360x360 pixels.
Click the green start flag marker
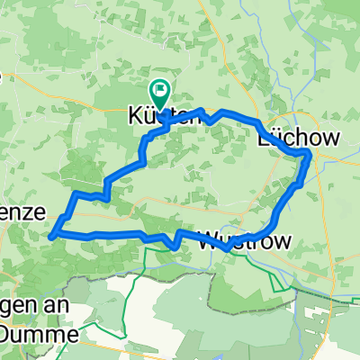(161, 90)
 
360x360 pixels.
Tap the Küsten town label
(161, 116)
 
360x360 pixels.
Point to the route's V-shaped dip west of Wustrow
(172, 244)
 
